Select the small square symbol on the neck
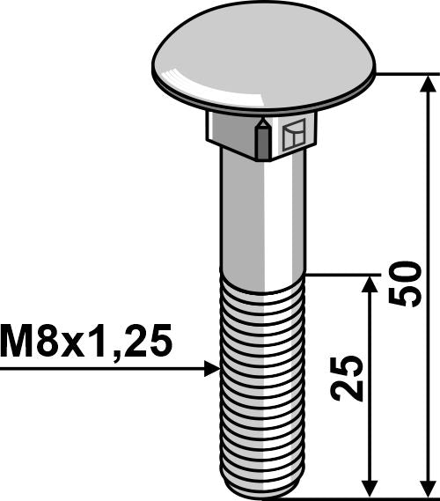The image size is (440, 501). coord(294,136)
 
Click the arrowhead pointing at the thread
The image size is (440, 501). coord(209,368)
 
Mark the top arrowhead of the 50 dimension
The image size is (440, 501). coord(429,83)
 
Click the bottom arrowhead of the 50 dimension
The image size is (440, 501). coord(429,489)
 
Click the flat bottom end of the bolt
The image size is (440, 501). coord(261,495)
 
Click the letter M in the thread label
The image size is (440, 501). coord(19,338)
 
